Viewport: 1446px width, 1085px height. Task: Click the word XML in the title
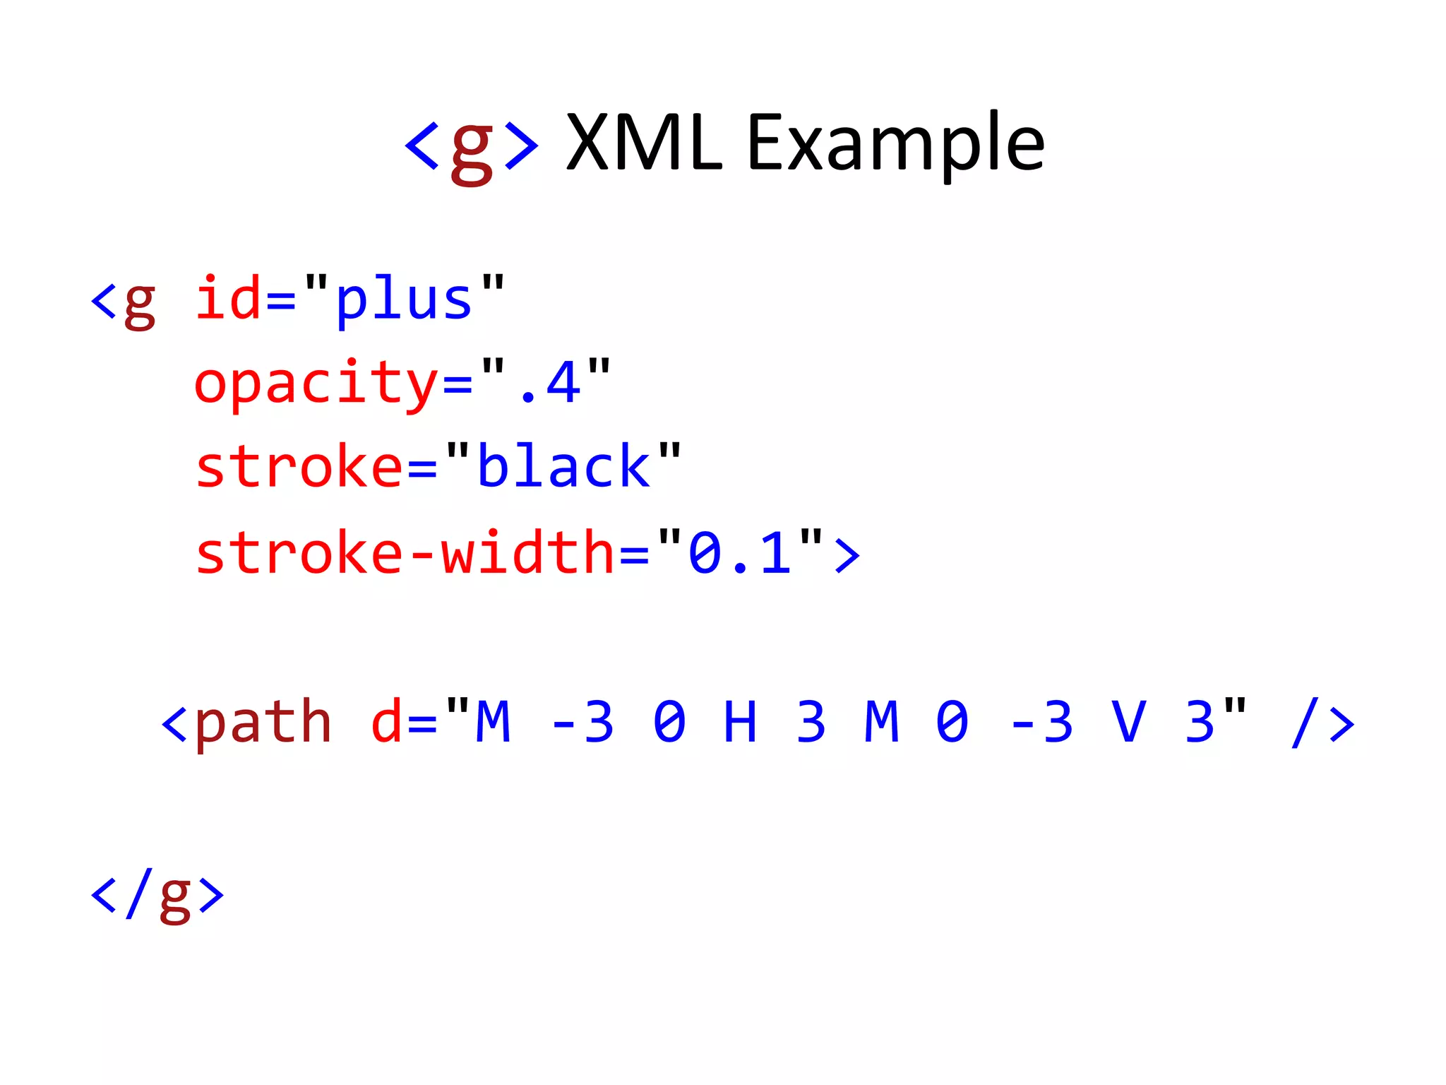(x=644, y=144)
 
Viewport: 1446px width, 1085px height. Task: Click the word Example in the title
(x=895, y=146)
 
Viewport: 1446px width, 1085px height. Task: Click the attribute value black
(x=563, y=467)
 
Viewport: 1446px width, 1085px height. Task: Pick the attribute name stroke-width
(x=405, y=553)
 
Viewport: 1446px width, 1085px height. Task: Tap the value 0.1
(x=739, y=553)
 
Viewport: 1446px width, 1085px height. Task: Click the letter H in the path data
(x=740, y=722)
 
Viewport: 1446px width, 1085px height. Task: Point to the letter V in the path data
(x=1128, y=722)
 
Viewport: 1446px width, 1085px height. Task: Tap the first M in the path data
(x=493, y=722)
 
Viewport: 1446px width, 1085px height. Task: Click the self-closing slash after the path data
(x=1305, y=722)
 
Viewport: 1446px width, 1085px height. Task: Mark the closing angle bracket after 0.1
(x=847, y=555)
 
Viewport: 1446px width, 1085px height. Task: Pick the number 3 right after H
(x=811, y=722)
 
